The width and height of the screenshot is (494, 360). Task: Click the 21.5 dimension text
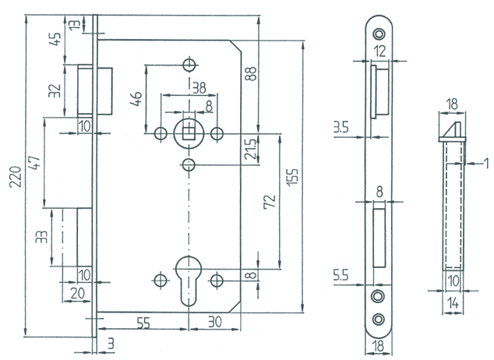tap(249, 147)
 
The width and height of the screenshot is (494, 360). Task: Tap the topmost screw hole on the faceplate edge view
tap(379, 34)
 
